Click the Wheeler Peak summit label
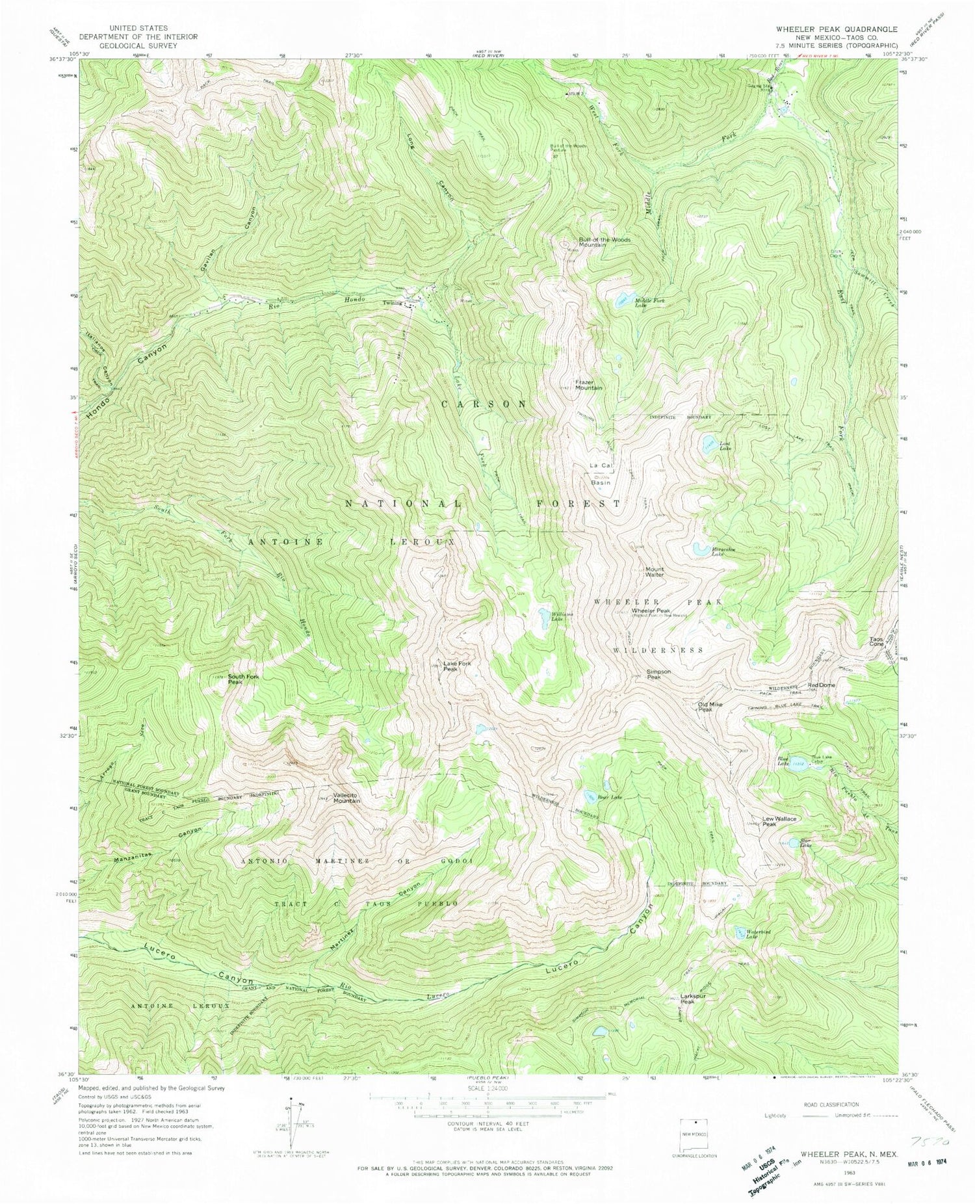click(x=651, y=611)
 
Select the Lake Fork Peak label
click(x=457, y=666)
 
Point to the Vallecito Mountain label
click(x=346, y=798)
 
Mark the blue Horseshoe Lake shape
click(x=701, y=549)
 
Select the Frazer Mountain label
click(x=588, y=384)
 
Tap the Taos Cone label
click(x=877, y=641)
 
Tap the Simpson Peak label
click(x=658, y=674)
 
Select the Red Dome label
click(x=821, y=686)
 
